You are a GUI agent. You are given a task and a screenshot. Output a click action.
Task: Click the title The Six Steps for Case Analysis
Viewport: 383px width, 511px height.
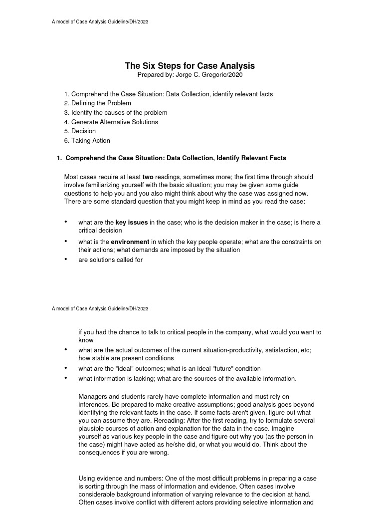(x=190, y=66)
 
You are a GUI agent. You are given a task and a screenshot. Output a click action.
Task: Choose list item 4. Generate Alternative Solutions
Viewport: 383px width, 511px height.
(x=111, y=122)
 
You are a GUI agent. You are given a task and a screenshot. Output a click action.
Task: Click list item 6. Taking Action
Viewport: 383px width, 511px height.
(x=87, y=141)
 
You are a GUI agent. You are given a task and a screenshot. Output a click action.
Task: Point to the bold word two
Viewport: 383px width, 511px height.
(x=148, y=177)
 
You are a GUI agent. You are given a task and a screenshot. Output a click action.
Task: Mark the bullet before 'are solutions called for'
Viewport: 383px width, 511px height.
(x=66, y=259)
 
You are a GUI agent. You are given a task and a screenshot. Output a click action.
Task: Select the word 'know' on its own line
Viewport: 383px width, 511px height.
(x=86, y=340)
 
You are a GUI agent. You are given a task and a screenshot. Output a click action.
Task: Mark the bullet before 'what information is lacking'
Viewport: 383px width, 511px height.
(x=66, y=378)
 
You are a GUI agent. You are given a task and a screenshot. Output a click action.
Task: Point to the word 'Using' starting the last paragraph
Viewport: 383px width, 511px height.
(x=87, y=479)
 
